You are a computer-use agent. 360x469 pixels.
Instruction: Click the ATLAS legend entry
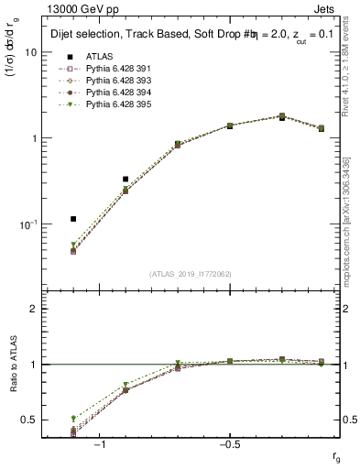[x=100, y=56]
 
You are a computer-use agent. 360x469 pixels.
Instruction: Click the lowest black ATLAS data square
[x=73, y=219]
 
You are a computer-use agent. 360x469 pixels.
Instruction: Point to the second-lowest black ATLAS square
[x=125, y=180]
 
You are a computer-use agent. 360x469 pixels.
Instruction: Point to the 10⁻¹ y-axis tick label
[x=27, y=224]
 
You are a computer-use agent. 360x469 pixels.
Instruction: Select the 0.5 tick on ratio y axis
[x=29, y=420]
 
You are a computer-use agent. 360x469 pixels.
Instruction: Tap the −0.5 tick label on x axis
[x=228, y=443]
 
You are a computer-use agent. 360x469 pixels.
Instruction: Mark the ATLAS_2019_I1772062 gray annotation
[x=191, y=274]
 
